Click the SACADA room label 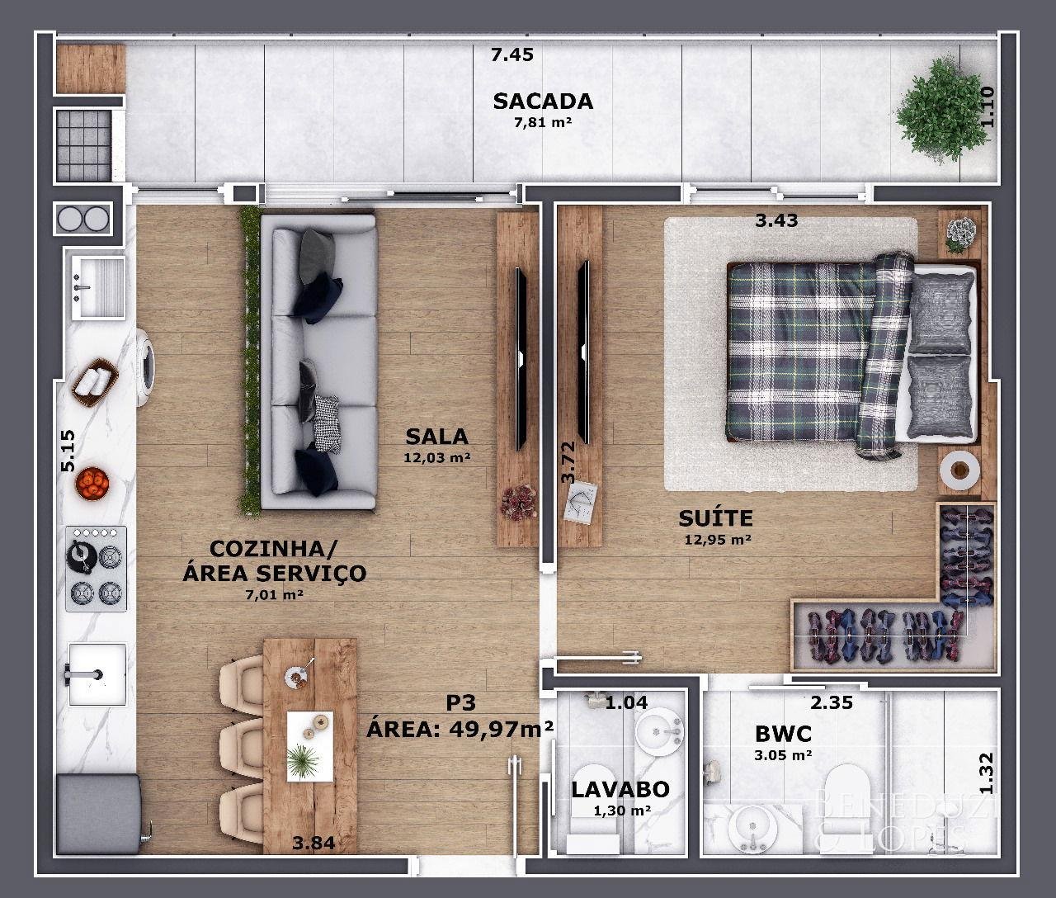tap(543, 102)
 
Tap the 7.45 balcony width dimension tap(511, 54)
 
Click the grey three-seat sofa tap(318, 362)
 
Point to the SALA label tap(436, 437)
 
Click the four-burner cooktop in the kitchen tap(96, 569)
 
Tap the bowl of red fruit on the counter tap(92, 483)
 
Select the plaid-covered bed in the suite tap(851, 355)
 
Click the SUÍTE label tap(715, 518)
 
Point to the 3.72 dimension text tap(568, 462)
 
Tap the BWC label tap(783, 734)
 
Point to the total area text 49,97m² tap(501, 730)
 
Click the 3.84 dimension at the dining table tap(313, 843)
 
